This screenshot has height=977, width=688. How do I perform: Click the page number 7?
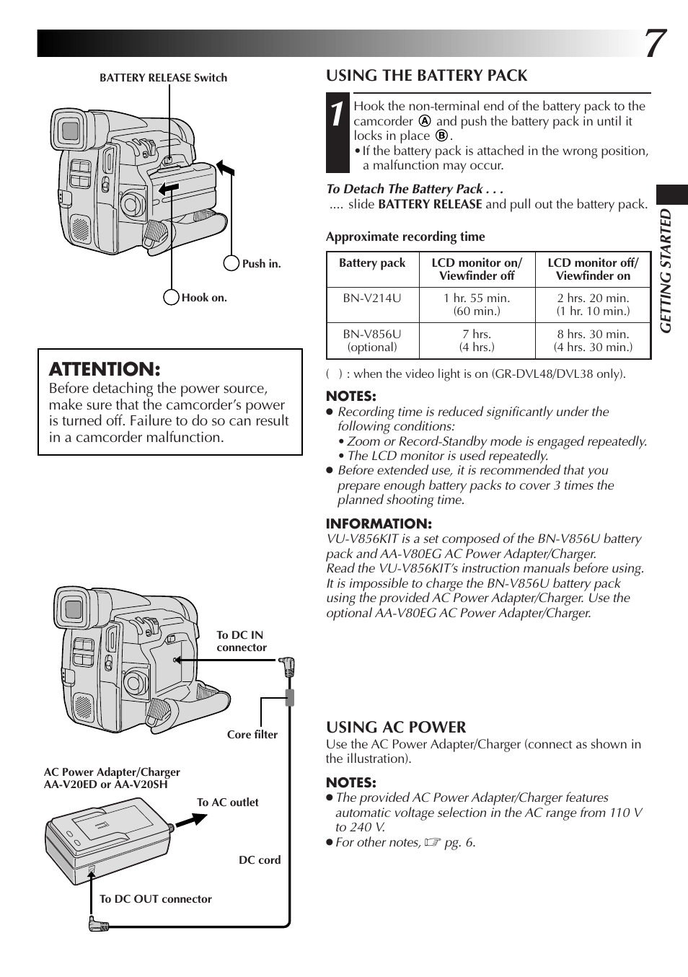[654, 44]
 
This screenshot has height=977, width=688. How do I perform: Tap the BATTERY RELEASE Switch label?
[163, 78]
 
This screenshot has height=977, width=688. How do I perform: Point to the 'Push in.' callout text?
[261, 264]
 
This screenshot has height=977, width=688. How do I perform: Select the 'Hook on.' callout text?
[204, 298]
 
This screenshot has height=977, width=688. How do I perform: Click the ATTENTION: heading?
[105, 369]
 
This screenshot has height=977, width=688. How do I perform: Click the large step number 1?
[338, 118]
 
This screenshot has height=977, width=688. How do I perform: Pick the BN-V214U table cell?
[372, 298]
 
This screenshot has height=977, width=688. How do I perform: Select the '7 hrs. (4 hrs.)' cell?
[477, 340]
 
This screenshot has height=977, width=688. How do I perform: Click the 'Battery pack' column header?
[372, 263]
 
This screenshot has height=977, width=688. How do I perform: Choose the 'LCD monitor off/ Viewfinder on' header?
[593, 269]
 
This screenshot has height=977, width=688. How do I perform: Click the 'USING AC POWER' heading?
[396, 727]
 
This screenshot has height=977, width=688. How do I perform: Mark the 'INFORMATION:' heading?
[379, 524]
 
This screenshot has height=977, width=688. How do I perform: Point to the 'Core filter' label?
[252, 735]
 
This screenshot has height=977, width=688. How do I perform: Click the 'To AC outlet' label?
[227, 803]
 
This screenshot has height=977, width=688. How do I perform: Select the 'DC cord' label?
[260, 860]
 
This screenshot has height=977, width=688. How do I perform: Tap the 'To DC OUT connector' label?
[156, 899]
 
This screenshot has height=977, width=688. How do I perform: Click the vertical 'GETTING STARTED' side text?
[666, 270]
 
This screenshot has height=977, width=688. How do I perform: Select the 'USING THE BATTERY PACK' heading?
[426, 76]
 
